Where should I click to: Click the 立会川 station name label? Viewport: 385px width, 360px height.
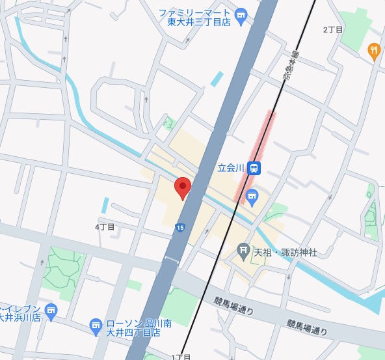(x=230, y=168)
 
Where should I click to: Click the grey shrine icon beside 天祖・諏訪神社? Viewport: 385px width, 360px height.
(x=243, y=249)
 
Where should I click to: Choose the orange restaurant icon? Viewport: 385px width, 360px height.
(x=374, y=50)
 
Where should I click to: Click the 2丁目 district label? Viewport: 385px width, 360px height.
(x=333, y=30)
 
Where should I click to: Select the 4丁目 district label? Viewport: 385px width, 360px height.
(x=105, y=227)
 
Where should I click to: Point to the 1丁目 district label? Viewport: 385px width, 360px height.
(x=181, y=357)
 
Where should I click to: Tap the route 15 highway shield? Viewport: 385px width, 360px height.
(x=179, y=227)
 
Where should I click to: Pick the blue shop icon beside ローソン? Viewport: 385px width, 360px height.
(x=96, y=324)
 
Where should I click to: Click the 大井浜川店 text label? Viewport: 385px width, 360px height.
(x=21, y=318)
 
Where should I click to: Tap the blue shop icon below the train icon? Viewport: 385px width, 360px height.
(x=252, y=195)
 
